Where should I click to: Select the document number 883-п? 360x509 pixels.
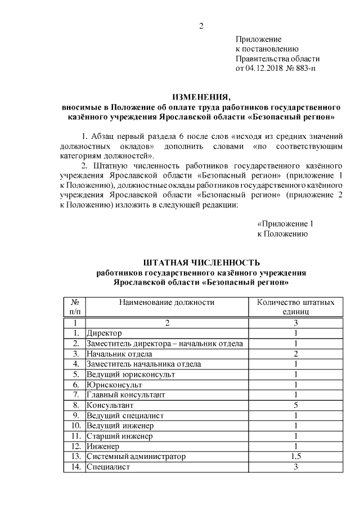[x=304, y=69]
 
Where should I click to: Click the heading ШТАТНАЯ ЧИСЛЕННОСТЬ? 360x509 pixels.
[x=201, y=262]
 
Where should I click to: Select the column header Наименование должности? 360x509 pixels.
[x=166, y=302]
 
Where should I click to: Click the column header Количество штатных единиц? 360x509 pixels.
[x=295, y=307]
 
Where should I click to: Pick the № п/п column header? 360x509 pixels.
[x=74, y=307]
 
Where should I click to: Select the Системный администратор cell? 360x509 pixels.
[x=136, y=456]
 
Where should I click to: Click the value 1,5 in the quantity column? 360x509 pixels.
[x=295, y=456]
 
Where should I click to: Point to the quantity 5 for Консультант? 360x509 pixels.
[x=295, y=404]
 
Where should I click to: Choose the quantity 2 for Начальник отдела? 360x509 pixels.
[x=295, y=353]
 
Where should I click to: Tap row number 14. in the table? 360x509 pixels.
[x=74, y=467]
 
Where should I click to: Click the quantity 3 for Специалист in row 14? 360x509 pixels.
[x=295, y=467]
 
